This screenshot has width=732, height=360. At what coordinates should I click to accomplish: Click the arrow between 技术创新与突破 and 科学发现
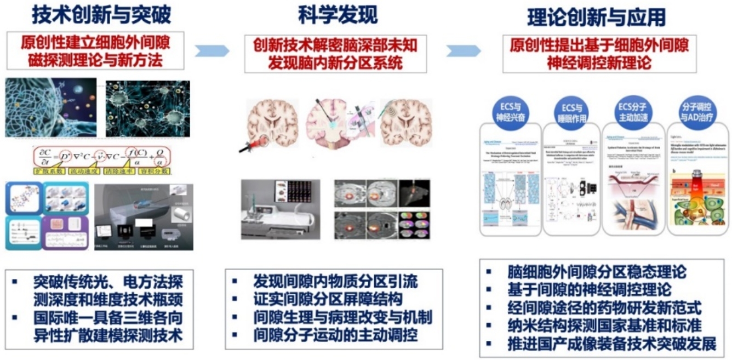[212, 51]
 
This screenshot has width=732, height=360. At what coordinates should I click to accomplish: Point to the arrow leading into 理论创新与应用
[463, 51]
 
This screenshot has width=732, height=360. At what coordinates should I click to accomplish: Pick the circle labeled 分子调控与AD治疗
[692, 112]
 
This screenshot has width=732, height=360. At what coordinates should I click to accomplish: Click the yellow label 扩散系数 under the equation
[50, 172]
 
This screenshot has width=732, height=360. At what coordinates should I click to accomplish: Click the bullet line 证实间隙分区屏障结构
[328, 299]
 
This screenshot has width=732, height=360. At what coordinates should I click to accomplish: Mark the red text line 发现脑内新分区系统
[335, 62]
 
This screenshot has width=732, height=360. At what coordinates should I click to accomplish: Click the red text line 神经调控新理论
[599, 62]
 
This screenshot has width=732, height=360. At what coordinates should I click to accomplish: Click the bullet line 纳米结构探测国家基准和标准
[604, 325]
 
